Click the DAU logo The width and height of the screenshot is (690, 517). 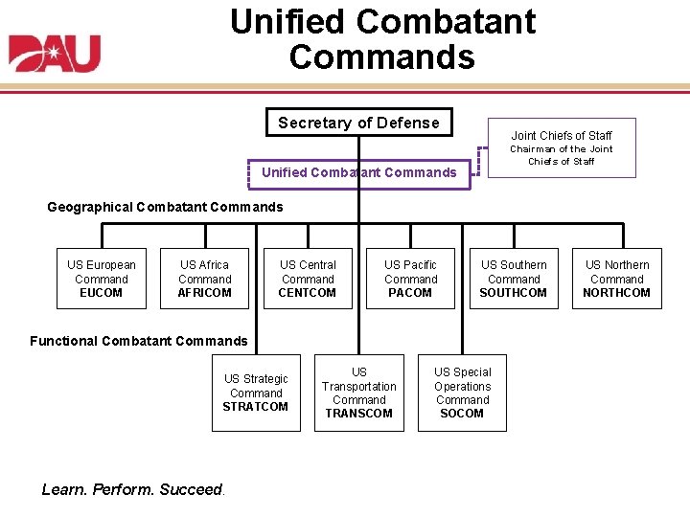click(55, 54)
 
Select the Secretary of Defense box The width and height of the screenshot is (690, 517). click(358, 123)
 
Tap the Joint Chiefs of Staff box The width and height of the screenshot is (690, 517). click(561, 147)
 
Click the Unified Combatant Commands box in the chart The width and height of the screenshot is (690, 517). click(358, 172)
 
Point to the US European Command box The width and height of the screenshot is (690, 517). click(101, 279)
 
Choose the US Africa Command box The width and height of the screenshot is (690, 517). click(204, 279)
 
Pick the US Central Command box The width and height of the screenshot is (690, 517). click(308, 279)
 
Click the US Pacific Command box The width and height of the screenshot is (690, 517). click(410, 279)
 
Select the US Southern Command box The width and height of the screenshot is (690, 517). click(514, 279)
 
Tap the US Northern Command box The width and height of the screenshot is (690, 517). click(617, 279)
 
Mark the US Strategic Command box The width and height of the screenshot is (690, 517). click(256, 393)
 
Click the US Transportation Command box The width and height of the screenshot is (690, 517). click(358, 393)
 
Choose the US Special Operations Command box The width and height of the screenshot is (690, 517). click(462, 393)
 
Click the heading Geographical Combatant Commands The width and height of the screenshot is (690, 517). click(165, 207)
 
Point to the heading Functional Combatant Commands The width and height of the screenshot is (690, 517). click(138, 341)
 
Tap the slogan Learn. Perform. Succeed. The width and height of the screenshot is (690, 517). click(133, 490)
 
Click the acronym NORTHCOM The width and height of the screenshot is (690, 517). click(617, 293)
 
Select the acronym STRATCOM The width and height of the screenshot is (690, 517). click(256, 407)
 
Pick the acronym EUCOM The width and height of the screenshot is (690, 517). click(101, 293)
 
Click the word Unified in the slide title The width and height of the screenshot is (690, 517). click(288, 21)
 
